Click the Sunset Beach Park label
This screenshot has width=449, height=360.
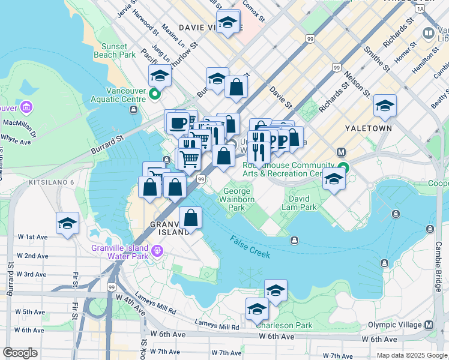110,50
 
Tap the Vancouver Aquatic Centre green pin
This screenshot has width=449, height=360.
155,94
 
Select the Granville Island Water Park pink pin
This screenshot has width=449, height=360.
158,250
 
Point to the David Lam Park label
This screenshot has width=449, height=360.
299,203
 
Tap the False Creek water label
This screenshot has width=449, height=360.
250,247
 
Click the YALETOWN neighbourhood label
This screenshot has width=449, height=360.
369,128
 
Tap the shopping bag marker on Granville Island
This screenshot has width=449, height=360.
190,217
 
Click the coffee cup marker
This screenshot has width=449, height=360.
177,122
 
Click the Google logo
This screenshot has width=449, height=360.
20,353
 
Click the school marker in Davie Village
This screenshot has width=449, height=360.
228,22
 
